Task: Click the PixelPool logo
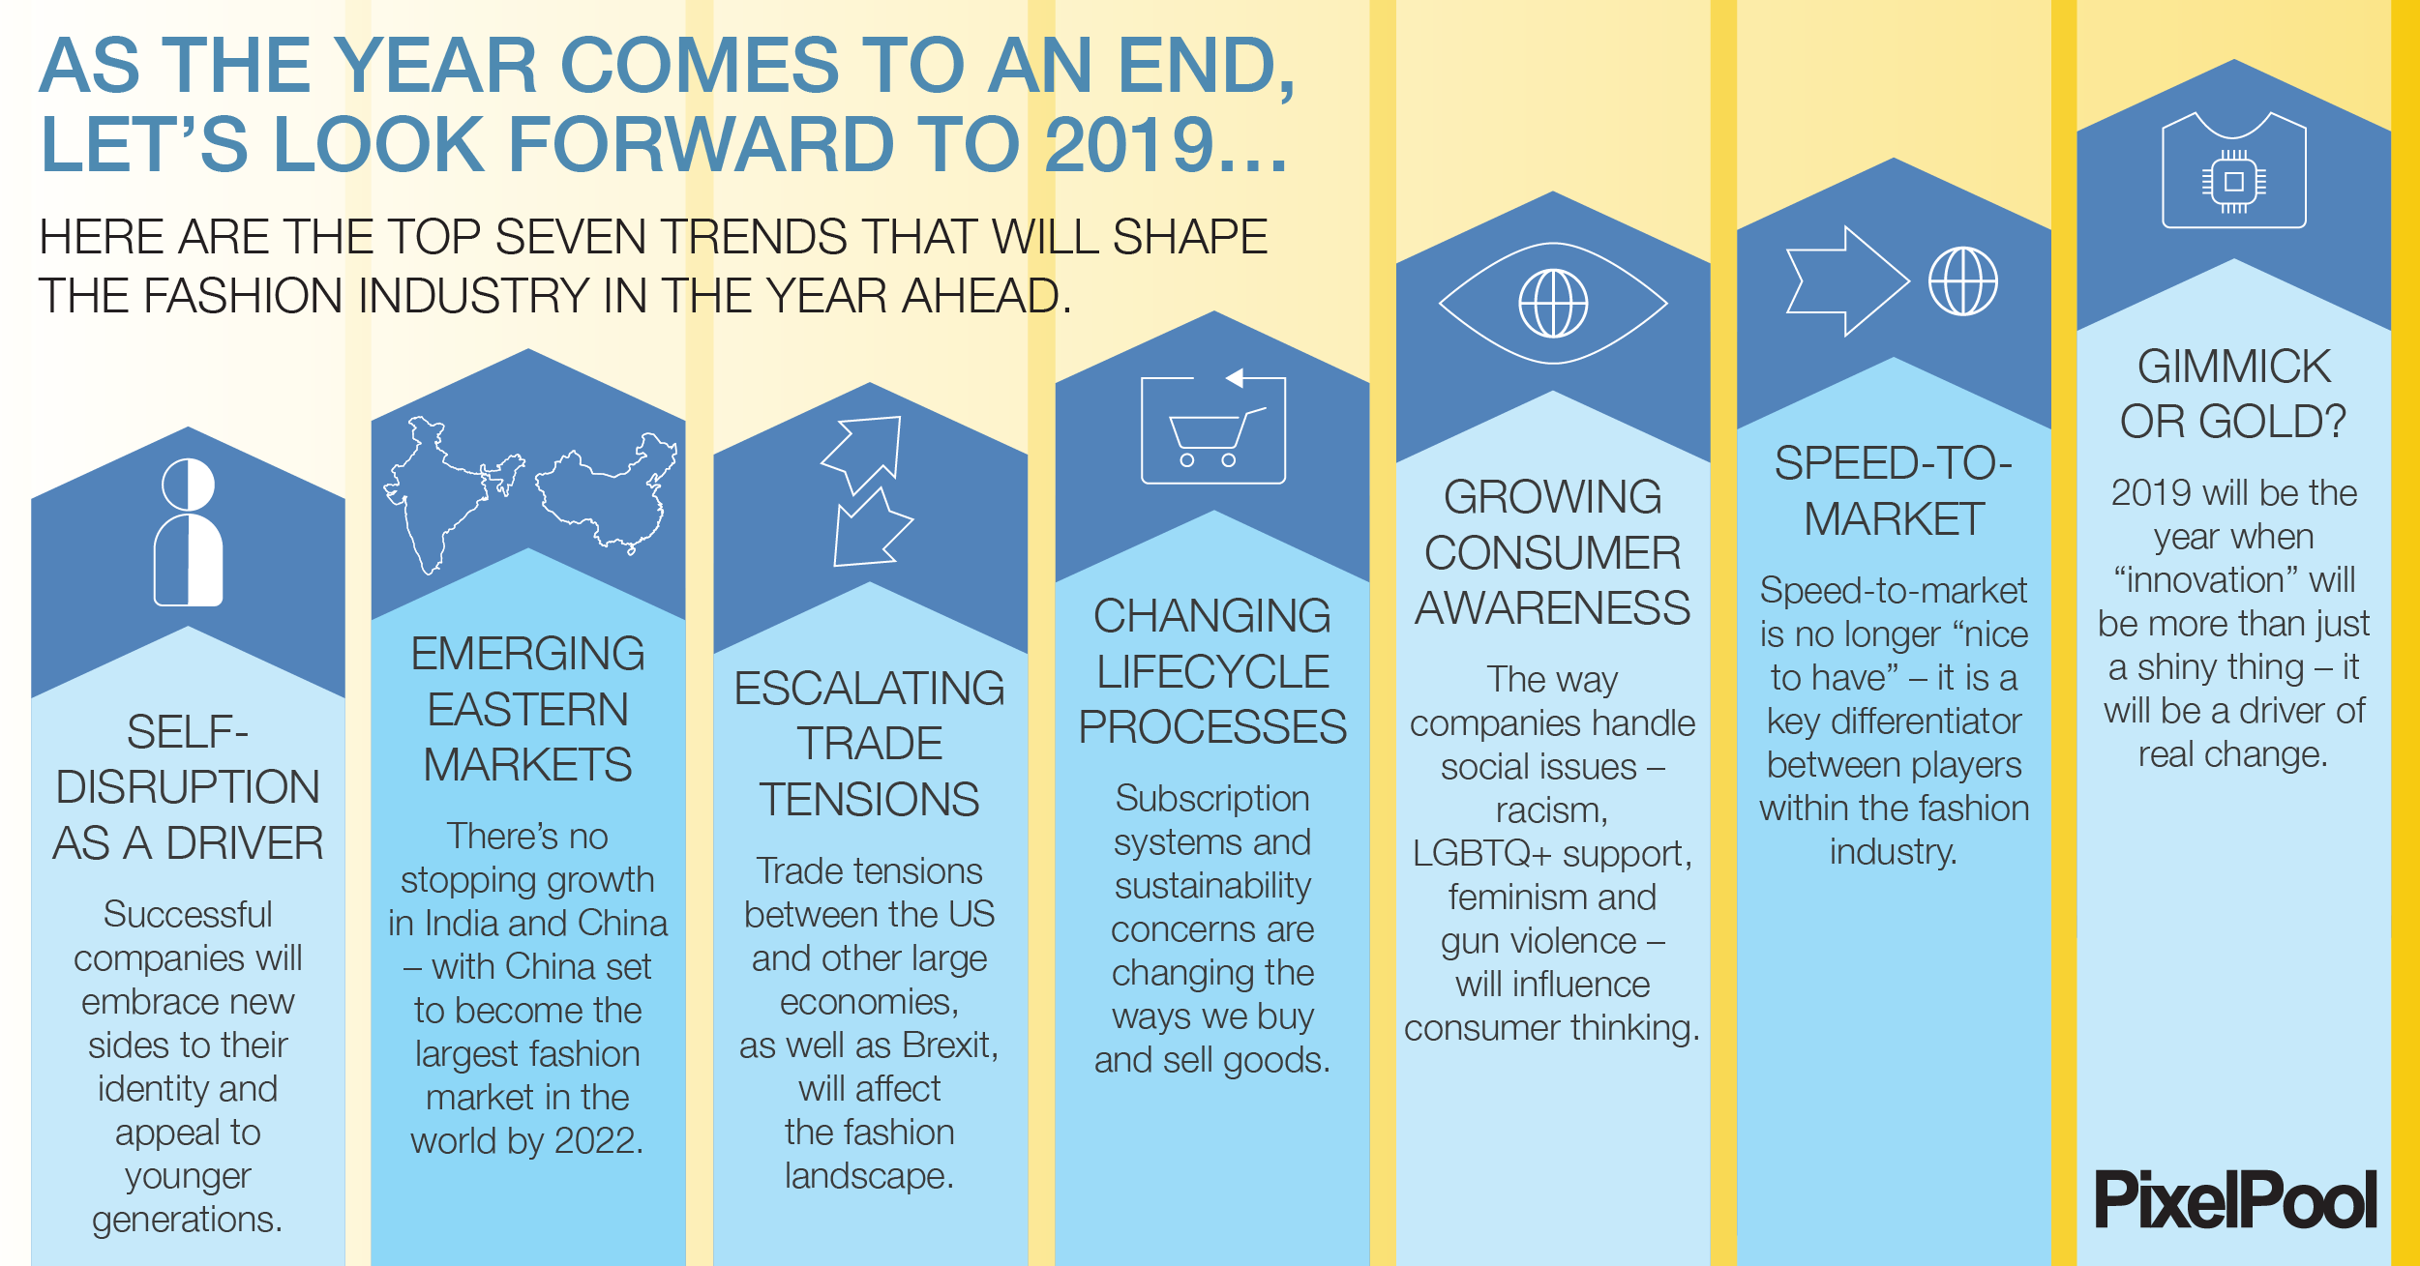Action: tap(2234, 1199)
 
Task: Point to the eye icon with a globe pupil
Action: tap(1553, 303)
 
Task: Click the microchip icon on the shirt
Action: tap(2233, 182)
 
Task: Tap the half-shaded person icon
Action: tap(189, 532)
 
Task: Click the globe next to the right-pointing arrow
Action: tap(1962, 281)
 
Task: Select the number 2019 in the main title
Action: tap(1129, 145)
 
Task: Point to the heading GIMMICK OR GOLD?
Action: tap(2233, 394)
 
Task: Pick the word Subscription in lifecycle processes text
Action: tap(1211, 799)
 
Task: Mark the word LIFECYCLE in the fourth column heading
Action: tap(1212, 671)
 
